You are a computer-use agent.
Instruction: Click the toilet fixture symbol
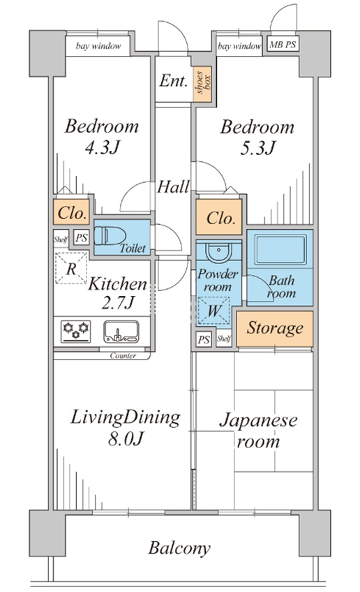[110, 237]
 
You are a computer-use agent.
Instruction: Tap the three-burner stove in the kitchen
[76, 332]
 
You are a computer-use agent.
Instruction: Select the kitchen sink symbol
[121, 332]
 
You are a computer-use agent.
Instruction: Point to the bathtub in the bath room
[280, 250]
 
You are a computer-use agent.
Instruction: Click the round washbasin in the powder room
[218, 252]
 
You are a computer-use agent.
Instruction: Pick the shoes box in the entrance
[202, 84]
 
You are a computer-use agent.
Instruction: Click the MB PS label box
[283, 45]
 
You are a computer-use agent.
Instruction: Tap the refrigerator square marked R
[71, 269]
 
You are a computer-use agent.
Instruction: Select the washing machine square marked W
[213, 311]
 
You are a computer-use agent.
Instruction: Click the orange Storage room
[275, 329]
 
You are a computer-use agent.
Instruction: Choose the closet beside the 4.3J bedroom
[71, 213]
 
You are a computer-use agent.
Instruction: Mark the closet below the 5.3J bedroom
[219, 217]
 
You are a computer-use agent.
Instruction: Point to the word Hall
[173, 187]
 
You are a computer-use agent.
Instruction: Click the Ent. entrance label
[173, 80]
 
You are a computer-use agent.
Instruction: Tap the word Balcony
[179, 548]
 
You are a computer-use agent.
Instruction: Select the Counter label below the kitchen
[123, 355]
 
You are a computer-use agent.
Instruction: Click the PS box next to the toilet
[81, 238]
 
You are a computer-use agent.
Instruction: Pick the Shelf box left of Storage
[224, 339]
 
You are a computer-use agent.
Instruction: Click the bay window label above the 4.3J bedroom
[98, 46]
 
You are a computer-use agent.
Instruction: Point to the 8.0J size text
[126, 439]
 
